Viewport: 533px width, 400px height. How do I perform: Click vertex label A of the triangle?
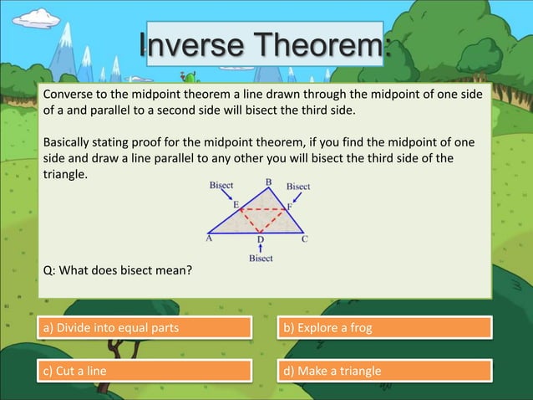tap(209, 238)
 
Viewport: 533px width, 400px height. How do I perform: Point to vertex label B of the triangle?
tap(269, 182)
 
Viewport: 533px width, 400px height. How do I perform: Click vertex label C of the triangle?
tap(305, 238)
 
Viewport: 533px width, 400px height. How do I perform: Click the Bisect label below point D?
tap(261, 259)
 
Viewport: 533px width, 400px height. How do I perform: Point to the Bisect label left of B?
tap(221, 185)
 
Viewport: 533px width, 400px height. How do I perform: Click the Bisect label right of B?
tap(298, 186)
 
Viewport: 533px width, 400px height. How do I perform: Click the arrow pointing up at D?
tap(261, 249)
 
